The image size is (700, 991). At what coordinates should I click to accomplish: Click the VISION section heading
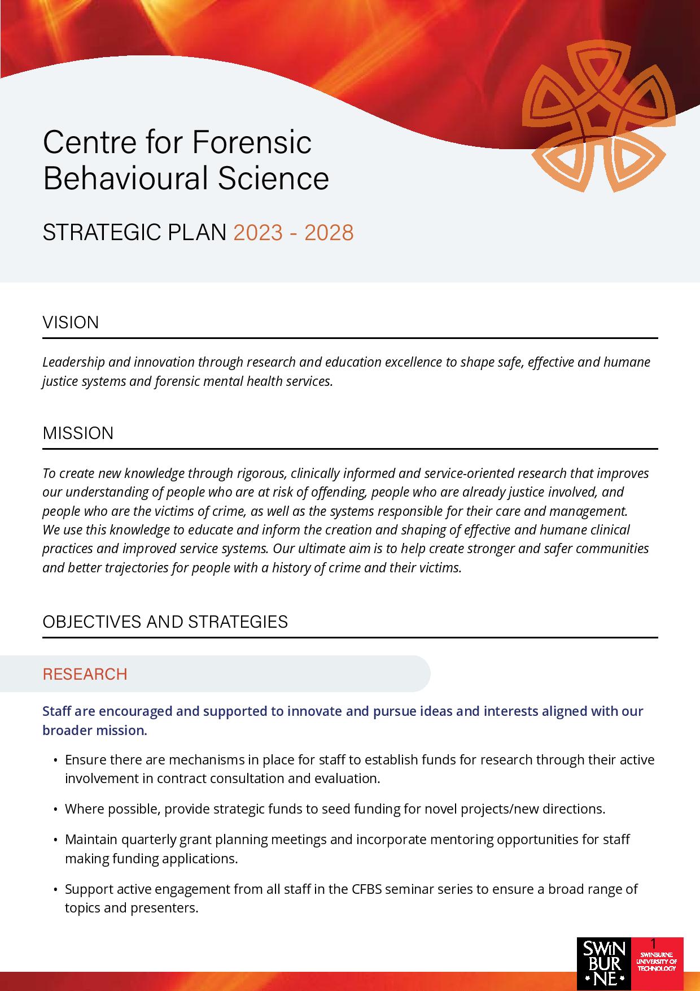(x=71, y=323)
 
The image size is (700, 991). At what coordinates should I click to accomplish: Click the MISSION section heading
(x=78, y=433)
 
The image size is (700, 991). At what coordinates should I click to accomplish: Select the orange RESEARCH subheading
(x=85, y=674)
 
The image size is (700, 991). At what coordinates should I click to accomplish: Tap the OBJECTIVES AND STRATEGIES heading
(x=165, y=622)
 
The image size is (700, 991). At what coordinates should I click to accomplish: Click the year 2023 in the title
(x=258, y=233)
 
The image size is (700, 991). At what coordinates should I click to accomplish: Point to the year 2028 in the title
(x=329, y=233)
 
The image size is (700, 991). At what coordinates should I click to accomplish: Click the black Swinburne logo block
(x=602, y=963)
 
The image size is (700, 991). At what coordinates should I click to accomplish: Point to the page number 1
(x=654, y=943)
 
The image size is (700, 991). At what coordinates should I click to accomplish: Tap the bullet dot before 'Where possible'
(x=55, y=810)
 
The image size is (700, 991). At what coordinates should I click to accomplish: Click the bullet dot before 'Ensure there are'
(x=55, y=760)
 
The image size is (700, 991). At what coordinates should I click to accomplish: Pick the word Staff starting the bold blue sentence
(x=57, y=711)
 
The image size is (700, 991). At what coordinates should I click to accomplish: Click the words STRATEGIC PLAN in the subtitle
(x=134, y=233)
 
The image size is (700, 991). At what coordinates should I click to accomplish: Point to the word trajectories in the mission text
(x=136, y=568)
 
